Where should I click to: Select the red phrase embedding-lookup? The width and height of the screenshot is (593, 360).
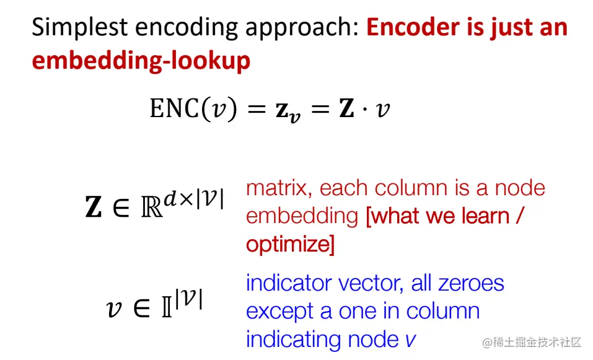(141, 61)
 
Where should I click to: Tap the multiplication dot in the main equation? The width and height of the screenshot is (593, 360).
(367, 110)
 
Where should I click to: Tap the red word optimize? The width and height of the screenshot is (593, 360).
(288, 245)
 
